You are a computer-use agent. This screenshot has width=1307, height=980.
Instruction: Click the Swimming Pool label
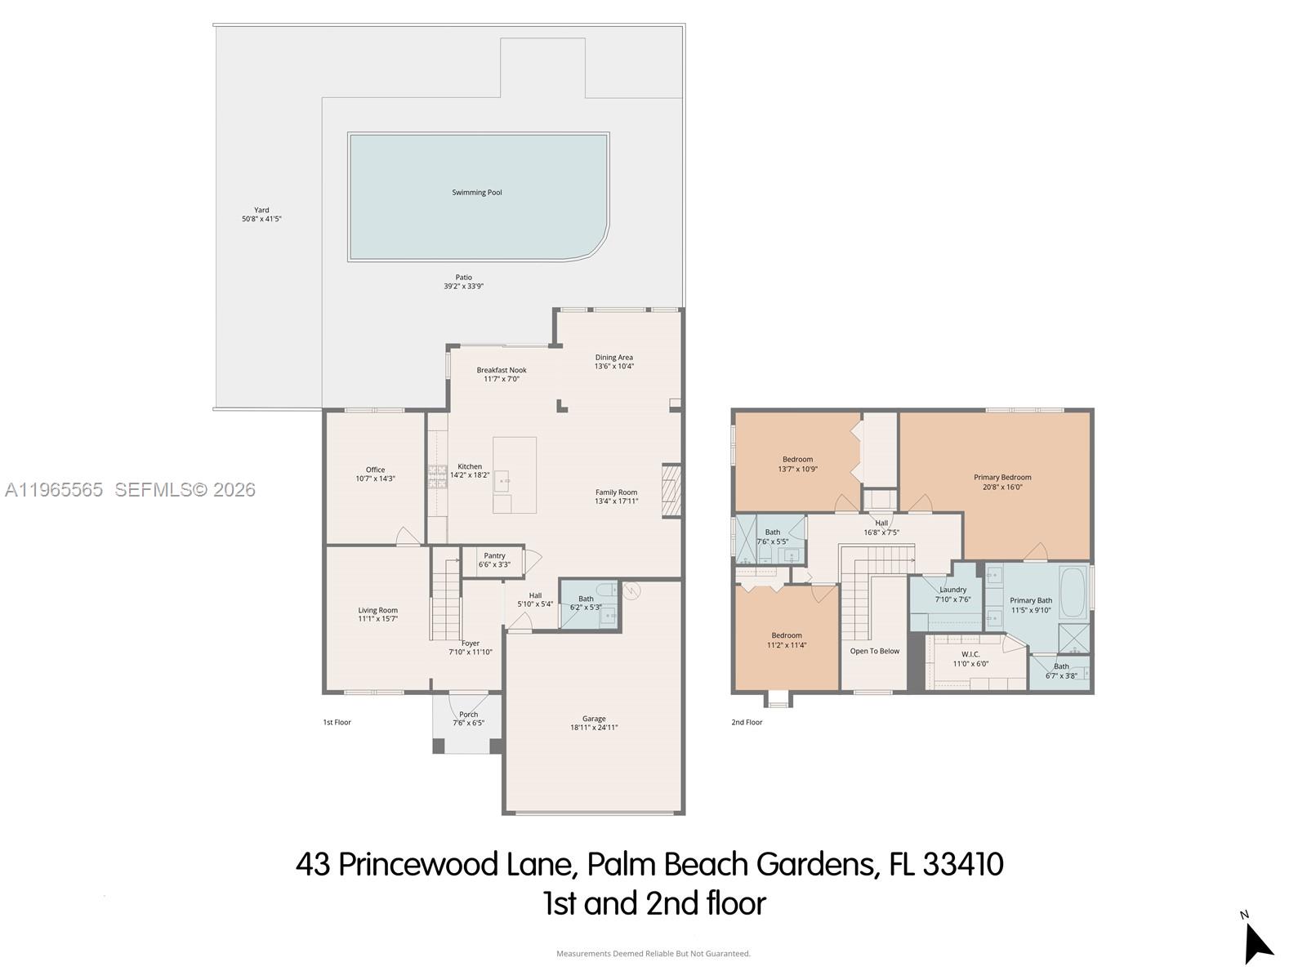tap(477, 193)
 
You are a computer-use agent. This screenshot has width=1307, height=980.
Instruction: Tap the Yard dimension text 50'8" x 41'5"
tap(261, 220)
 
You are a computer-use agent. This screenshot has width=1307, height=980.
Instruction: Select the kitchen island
tap(514, 474)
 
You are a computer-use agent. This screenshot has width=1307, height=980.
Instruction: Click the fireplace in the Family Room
tap(671, 490)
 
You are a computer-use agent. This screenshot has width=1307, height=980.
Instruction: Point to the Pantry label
tap(494, 556)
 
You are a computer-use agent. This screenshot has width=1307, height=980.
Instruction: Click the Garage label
tap(594, 719)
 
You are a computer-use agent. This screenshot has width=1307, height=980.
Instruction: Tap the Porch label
tap(468, 715)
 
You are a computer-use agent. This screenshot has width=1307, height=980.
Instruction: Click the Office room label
tap(375, 470)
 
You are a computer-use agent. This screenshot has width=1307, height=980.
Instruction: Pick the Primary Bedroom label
tap(1002, 478)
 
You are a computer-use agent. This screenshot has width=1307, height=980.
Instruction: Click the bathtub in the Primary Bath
tap(1073, 590)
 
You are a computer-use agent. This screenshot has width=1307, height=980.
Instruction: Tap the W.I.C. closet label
tap(970, 654)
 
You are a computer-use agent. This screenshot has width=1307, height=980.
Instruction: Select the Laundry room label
tap(952, 590)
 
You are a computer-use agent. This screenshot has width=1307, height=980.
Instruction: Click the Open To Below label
tap(874, 652)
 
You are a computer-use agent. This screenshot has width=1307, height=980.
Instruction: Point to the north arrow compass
tap(1256, 942)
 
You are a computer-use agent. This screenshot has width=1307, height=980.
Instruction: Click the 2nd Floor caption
tap(747, 723)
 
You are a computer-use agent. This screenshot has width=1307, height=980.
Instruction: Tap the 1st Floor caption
tap(337, 723)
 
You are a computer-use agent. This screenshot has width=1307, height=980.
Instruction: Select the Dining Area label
tap(613, 358)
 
